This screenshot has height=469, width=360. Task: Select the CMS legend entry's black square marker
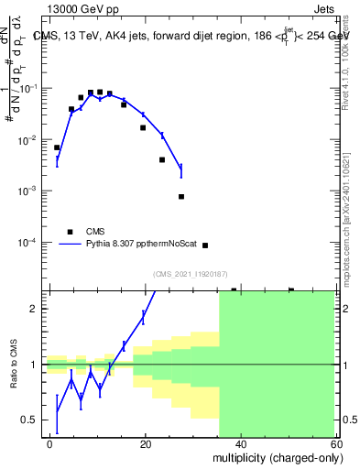71,232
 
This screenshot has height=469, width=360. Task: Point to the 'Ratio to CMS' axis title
13,365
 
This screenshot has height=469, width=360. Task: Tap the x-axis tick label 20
146,442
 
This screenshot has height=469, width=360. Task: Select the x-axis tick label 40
240,442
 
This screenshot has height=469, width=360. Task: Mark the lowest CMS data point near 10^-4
204,245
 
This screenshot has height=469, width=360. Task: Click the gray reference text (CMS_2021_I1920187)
191,274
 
